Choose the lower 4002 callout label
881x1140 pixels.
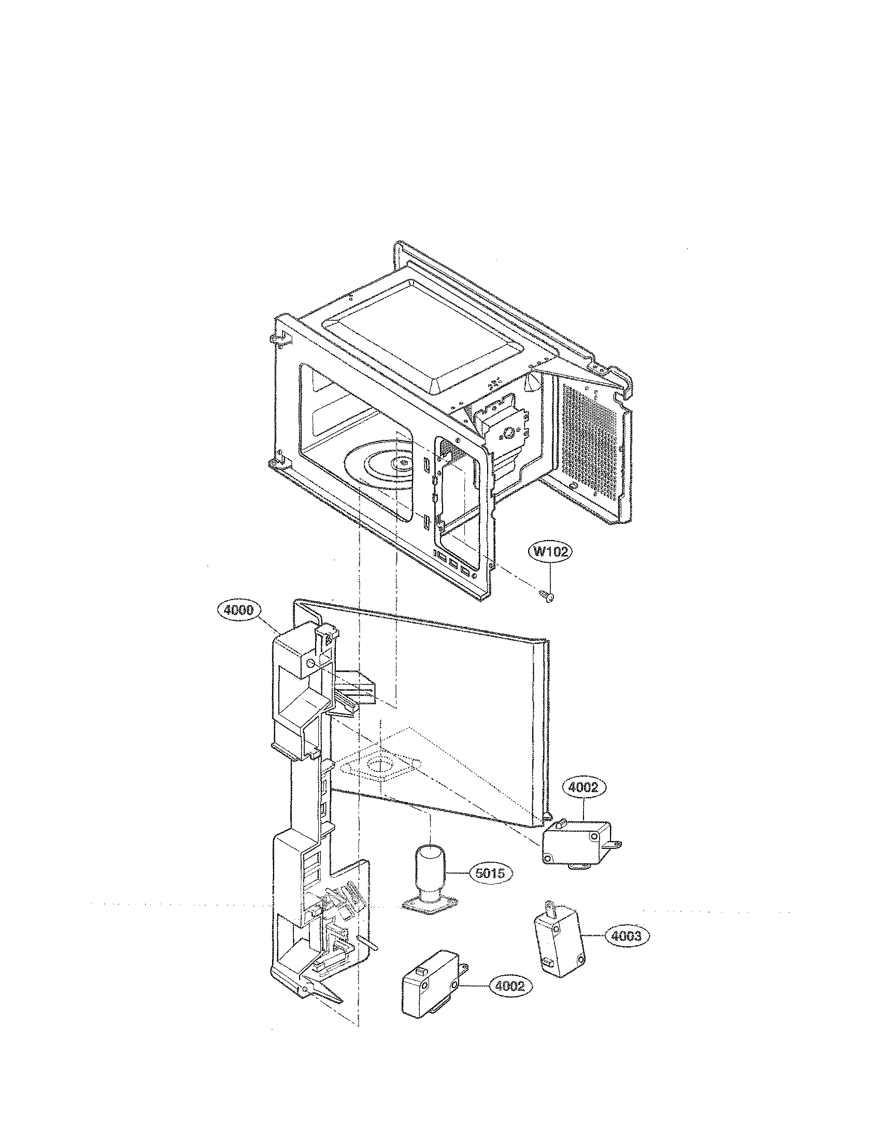click(509, 986)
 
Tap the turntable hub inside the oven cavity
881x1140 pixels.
click(402, 462)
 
